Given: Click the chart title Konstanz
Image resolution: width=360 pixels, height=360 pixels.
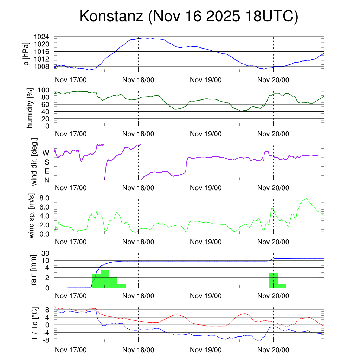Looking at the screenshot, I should click(188, 17).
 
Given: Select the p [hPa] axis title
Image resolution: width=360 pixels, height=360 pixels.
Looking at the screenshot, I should click(27, 54).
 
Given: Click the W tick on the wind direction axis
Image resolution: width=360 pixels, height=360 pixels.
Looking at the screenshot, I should click(46, 153).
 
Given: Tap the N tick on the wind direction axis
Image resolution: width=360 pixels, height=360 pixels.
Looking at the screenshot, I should click(46, 180).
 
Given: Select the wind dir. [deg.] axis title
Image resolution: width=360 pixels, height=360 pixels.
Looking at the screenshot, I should click(34, 162).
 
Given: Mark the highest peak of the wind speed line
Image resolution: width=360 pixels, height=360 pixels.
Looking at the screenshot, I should click(307, 199).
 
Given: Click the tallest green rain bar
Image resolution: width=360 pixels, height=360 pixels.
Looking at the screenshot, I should click(105, 279).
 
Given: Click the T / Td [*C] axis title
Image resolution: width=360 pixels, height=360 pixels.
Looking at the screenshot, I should click(34, 324).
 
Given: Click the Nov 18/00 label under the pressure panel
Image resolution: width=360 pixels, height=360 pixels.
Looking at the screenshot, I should click(138, 80).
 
